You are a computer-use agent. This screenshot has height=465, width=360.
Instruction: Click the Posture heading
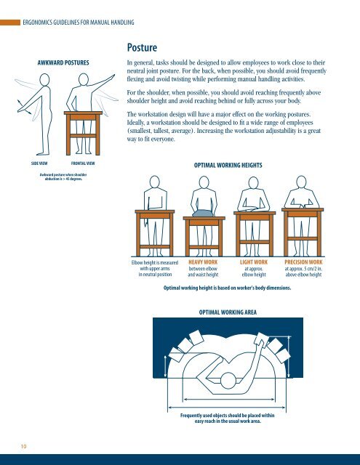(x=142, y=47)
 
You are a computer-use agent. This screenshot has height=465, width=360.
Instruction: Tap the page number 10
(x=23, y=446)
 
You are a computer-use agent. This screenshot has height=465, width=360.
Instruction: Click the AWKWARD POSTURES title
(x=63, y=62)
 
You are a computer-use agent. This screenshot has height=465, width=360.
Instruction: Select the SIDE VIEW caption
(x=39, y=163)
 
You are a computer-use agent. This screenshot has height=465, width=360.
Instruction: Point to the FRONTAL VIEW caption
(x=83, y=163)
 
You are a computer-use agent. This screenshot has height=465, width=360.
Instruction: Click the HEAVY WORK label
(x=203, y=262)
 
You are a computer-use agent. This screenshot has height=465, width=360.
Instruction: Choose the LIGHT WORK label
(x=254, y=262)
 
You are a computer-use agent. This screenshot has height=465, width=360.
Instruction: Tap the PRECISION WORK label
(x=303, y=262)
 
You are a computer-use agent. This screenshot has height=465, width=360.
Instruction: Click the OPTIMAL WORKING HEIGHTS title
(x=228, y=165)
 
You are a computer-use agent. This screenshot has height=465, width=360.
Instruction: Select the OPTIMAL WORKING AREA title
(x=228, y=312)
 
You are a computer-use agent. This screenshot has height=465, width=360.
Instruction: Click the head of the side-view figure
(x=44, y=80)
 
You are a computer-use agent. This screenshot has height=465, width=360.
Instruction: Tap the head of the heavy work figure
(x=204, y=182)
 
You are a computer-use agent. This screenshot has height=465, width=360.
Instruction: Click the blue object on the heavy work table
(x=204, y=213)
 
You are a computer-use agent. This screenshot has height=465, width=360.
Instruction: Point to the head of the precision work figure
(x=301, y=182)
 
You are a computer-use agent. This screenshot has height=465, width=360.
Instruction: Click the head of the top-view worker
(x=228, y=381)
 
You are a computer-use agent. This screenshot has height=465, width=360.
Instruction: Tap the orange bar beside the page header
(x=10, y=23)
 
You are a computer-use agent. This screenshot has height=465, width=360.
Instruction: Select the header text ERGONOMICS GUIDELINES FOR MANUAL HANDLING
(x=79, y=23)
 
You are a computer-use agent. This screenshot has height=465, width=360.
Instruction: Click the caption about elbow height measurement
(x=155, y=268)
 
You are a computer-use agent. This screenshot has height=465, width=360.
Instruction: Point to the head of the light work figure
(x=253, y=182)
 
